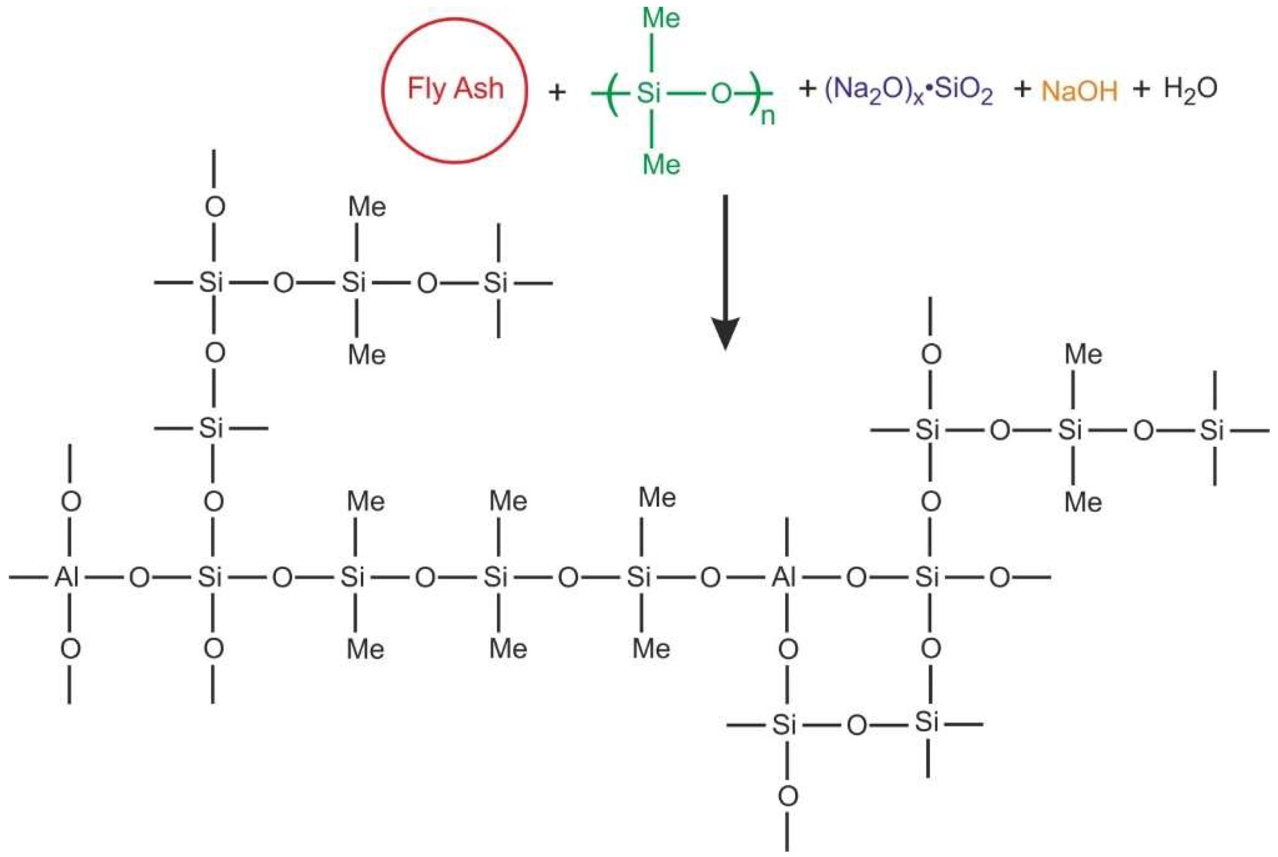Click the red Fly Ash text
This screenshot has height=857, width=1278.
point(455,89)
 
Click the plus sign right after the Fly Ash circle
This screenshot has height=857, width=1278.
point(557,92)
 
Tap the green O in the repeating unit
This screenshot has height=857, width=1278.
point(721,94)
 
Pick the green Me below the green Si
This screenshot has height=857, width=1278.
point(661,164)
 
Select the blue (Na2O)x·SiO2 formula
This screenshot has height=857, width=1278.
point(908,91)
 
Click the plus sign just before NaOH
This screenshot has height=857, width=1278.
point(1022,89)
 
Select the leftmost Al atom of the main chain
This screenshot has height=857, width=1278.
point(67,577)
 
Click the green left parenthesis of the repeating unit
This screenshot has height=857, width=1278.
point(612,94)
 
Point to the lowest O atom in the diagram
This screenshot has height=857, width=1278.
point(787,796)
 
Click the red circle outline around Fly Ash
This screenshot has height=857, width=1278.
point(383,90)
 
